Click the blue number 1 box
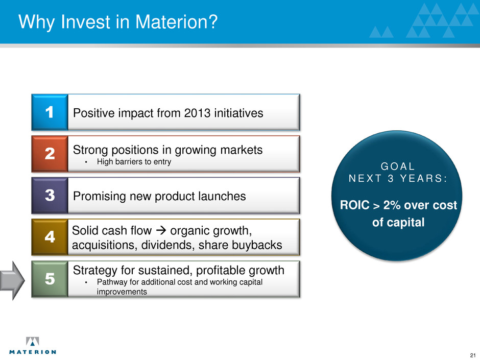click(x=50, y=112)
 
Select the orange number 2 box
click(x=50, y=154)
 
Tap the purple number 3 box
click(x=50, y=195)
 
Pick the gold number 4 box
click(x=50, y=237)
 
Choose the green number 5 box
click(x=50, y=279)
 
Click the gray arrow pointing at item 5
click(x=12, y=280)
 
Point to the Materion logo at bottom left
click(x=33, y=346)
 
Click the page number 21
click(x=473, y=355)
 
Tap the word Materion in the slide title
click(x=176, y=22)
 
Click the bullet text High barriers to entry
click(x=134, y=162)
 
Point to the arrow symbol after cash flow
click(x=161, y=230)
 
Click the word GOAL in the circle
click(x=398, y=166)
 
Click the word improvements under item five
click(x=122, y=292)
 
